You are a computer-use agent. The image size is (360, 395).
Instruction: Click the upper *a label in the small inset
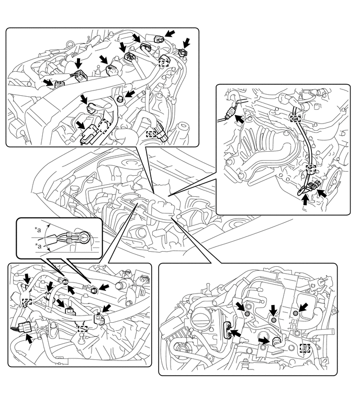[x=38, y=230]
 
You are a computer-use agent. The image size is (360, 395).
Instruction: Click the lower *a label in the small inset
[x=38, y=246]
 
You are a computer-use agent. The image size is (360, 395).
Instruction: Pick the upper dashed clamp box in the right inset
[x=296, y=118]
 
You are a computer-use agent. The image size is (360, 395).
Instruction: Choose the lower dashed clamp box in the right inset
[x=311, y=168]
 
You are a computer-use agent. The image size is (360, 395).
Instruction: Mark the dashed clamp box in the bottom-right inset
[x=305, y=348]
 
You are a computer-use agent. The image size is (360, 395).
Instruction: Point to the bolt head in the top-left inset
[x=120, y=99]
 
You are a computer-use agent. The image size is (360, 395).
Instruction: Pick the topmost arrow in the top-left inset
[x=170, y=33]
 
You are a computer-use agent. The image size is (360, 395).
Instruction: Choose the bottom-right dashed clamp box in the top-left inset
[x=151, y=134]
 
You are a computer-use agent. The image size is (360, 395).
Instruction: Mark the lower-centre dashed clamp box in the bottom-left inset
[x=83, y=329]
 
